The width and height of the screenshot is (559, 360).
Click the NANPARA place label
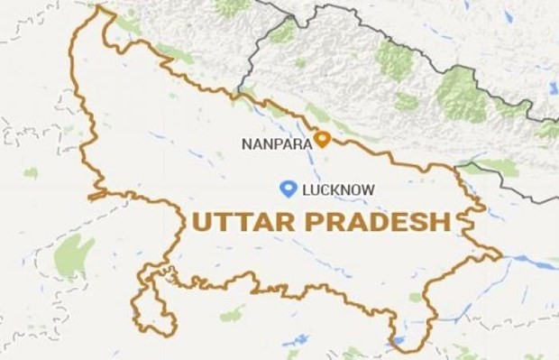275,143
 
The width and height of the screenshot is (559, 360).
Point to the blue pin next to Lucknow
289,188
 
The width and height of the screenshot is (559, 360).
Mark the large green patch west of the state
73,255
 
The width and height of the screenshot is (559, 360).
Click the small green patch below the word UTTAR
232,315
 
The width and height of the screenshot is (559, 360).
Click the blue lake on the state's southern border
398,340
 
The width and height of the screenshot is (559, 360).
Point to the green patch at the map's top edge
233,7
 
